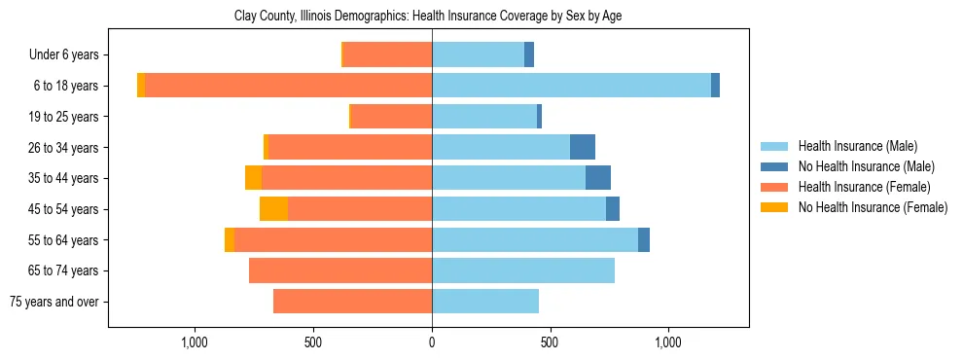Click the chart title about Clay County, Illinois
click(428, 17)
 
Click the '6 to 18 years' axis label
click(66, 86)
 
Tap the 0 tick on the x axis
click(432, 343)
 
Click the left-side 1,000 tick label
click(195, 343)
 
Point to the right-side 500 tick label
click(551, 343)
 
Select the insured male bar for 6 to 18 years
click(571, 86)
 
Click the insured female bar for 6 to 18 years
click(288, 86)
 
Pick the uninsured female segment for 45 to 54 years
click(273, 209)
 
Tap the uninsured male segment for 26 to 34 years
click(583, 147)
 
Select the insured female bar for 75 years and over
click(352, 302)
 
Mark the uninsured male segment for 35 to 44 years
click(598, 178)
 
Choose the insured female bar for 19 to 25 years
click(391, 117)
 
